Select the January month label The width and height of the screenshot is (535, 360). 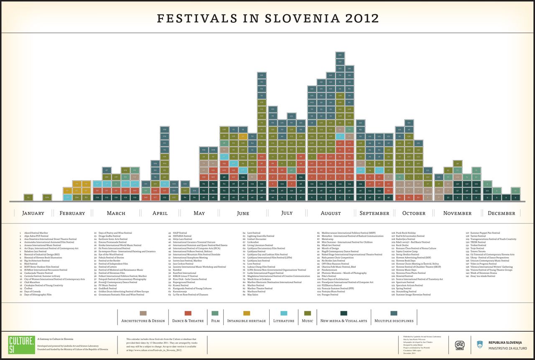33,213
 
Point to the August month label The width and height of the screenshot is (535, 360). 331,213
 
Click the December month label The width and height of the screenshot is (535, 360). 502,213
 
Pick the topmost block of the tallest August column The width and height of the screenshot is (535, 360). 340,55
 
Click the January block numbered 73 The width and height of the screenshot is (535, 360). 28,197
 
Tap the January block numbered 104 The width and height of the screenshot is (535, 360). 47,197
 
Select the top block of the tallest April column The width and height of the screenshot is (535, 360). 165,129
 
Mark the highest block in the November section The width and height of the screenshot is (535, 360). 457,163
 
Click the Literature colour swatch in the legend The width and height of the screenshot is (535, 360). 284,313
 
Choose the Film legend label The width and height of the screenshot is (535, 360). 216,321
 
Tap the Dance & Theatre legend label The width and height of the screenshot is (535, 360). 188,321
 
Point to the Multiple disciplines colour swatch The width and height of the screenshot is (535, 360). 394,313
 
